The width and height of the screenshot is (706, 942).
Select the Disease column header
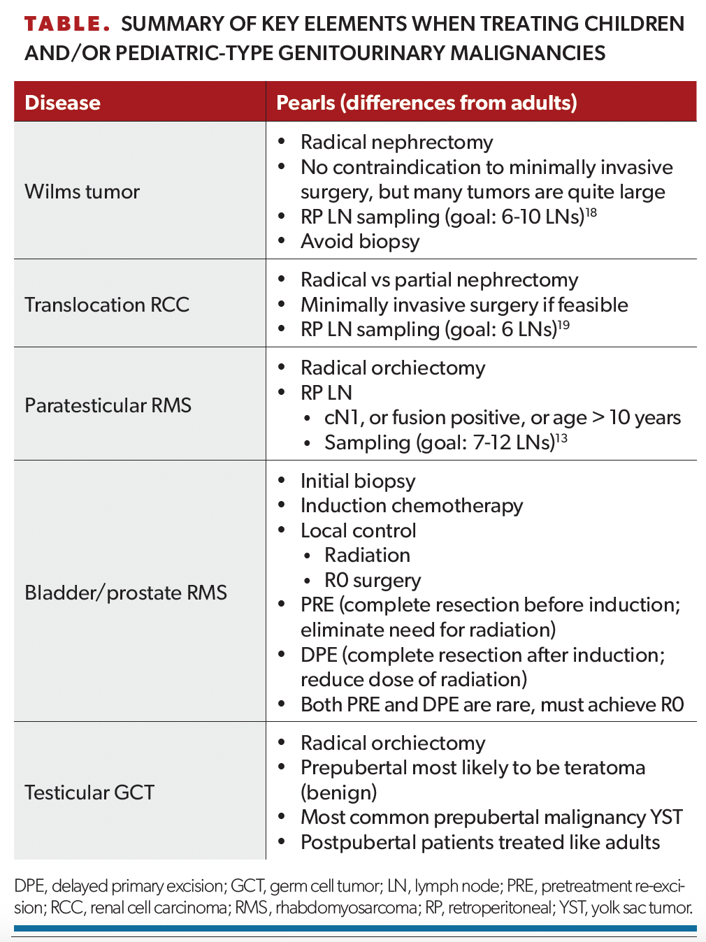pyautogui.click(x=63, y=103)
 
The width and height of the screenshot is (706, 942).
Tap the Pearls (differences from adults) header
pyautogui.click(x=426, y=103)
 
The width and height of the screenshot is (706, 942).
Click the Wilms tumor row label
pyautogui.click(x=82, y=191)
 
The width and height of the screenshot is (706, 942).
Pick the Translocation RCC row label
pyautogui.click(x=107, y=305)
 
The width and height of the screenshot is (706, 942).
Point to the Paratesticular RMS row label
pyautogui.click(x=108, y=405)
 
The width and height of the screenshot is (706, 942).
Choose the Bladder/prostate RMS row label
pyautogui.click(x=126, y=593)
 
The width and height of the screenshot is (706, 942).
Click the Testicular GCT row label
pyautogui.click(x=89, y=792)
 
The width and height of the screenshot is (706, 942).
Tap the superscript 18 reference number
pyautogui.click(x=591, y=212)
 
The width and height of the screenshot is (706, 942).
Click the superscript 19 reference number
pyautogui.click(x=564, y=325)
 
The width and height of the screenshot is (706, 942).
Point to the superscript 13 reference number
pyautogui.click(x=561, y=437)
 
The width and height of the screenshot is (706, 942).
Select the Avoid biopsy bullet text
pyautogui.click(x=360, y=242)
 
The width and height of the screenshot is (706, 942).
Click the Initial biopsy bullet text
pyautogui.click(x=358, y=481)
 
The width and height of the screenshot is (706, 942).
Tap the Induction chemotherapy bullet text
pyautogui.click(x=412, y=505)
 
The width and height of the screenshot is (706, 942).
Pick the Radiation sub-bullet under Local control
pyautogui.click(x=368, y=556)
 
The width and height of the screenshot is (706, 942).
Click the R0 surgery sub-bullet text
pyautogui.click(x=373, y=580)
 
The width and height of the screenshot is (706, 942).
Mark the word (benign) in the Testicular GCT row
pyautogui.click(x=339, y=792)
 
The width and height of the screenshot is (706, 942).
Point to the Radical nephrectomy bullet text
pyautogui.click(x=397, y=142)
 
